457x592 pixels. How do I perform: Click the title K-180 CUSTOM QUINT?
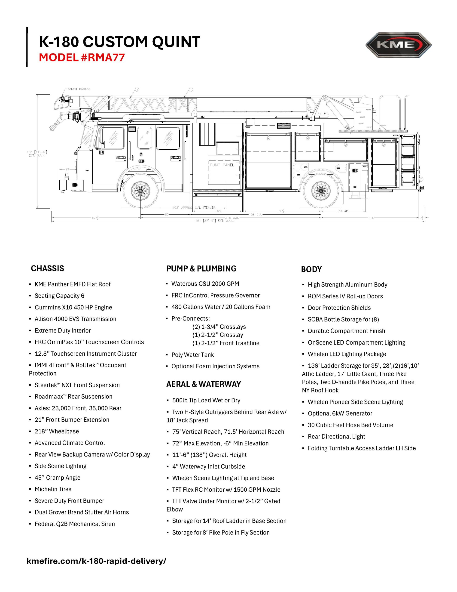coord(119,42)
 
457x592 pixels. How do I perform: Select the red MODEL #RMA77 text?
coord(82,58)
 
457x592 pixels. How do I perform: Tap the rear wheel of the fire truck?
coord(321,191)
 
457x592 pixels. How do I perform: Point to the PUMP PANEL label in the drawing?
coord(222,165)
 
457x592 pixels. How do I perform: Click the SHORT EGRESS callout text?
coord(79,89)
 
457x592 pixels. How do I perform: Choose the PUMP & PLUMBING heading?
coord(201,269)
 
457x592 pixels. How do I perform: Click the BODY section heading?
coord(311,269)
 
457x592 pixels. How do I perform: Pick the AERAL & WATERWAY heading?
coord(204,384)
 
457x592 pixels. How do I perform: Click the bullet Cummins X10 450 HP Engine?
coord(73,307)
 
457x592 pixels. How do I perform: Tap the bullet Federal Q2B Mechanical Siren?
coord(74,524)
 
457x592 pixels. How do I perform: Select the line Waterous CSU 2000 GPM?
coord(205,284)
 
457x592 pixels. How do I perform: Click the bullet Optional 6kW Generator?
coord(340,413)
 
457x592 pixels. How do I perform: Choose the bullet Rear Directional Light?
coord(336,436)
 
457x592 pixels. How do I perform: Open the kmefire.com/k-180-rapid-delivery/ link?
coord(96,561)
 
